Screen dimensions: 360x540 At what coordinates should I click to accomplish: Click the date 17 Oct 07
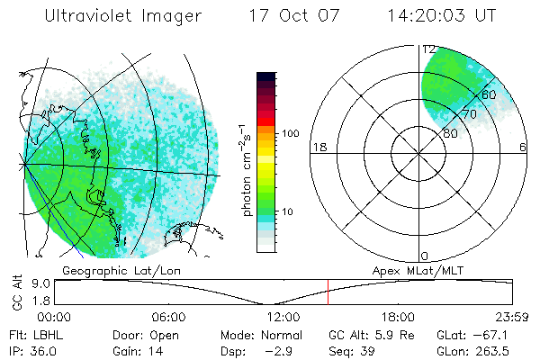(288, 16)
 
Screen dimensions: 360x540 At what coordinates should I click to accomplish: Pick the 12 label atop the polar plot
(429, 49)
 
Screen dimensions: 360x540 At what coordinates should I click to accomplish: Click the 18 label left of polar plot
(318, 147)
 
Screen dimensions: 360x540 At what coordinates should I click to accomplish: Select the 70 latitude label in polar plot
(468, 115)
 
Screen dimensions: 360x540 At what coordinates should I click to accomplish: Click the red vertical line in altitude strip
(328, 292)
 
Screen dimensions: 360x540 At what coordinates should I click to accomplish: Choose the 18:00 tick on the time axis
(398, 316)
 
